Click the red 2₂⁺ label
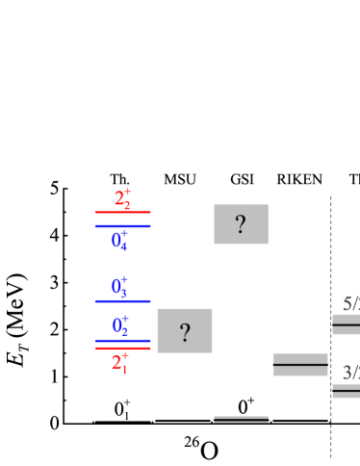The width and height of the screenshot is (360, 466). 122,198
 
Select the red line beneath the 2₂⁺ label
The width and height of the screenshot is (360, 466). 122,212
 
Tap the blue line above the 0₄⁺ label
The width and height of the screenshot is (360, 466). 122,226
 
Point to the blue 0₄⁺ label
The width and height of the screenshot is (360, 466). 119,240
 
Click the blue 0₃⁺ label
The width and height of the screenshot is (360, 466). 119,286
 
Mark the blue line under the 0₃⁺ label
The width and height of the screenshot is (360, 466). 122,301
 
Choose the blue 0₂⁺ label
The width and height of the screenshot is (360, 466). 120,325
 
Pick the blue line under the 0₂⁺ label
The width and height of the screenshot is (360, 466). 122,340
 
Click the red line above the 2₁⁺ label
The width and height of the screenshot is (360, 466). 122,348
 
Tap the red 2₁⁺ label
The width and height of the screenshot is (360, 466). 119,362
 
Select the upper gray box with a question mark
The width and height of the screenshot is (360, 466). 241,224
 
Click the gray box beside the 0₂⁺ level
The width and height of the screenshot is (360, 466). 185,330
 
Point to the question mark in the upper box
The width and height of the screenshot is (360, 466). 241,224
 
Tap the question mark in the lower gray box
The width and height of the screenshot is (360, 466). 185,333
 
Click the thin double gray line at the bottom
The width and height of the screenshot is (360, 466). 241,420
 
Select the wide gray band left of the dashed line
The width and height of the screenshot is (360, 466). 300,365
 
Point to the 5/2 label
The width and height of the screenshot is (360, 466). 350,303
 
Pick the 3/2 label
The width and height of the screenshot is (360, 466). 350,373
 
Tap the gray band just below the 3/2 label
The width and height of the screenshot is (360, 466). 347,390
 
